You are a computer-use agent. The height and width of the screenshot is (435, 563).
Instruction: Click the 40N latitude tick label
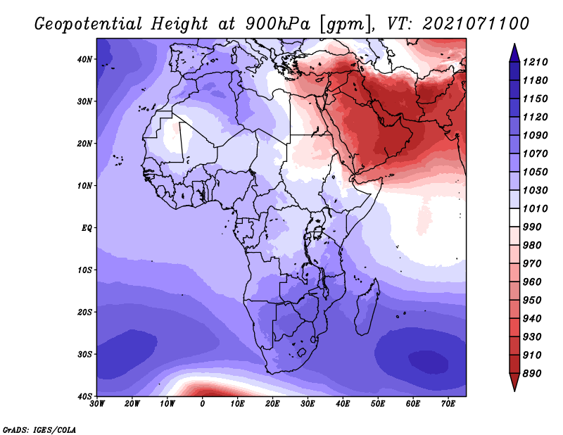[x=84, y=59]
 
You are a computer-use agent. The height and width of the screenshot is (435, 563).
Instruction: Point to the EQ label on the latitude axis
[x=87, y=228]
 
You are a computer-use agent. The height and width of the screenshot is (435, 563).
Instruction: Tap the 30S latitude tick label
[x=84, y=355]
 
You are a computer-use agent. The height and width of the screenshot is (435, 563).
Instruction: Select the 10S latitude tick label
[x=84, y=270]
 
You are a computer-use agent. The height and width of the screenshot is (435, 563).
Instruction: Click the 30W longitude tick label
[x=97, y=404]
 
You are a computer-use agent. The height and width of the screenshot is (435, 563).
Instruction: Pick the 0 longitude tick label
[x=203, y=404]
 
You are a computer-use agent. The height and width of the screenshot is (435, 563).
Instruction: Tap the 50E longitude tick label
[x=378, y=404]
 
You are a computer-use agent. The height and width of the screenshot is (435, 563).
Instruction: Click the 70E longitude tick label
[x=448, y=404]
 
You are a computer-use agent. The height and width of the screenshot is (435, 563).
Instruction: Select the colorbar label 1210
[x=535, y=62]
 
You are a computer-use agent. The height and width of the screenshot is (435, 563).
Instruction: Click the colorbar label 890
[x=532, y=374]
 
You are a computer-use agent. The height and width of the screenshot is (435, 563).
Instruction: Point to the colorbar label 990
[x=532, y=227]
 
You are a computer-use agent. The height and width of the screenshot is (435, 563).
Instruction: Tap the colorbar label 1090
[x=535, y=135]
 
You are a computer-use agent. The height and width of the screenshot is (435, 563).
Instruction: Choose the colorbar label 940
[x=532, y=319]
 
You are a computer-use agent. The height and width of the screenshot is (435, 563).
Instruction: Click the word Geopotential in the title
[x=89, y=24]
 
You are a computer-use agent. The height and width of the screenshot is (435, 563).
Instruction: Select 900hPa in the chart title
[x=277, y=24]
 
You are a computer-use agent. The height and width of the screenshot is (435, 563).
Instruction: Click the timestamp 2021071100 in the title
[x=476, y=24]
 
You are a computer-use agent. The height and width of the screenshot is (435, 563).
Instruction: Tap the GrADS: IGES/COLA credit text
[x=39, y=429]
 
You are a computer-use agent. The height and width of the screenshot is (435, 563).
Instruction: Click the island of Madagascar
[x=367, y=309]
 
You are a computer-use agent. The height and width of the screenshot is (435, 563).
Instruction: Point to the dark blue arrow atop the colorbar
[x=514, y=53]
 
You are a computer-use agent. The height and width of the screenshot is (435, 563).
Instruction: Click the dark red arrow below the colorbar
[x=514, y=382]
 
